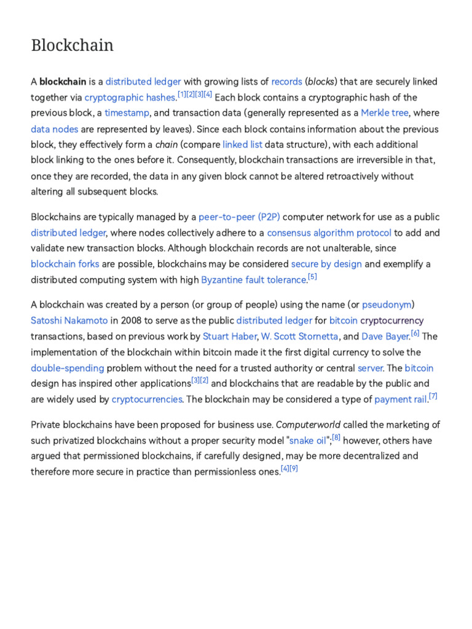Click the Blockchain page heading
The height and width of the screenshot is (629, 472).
(72, 45)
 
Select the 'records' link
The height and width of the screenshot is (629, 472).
(286, 82)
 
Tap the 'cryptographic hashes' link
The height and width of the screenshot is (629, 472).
(130, 98)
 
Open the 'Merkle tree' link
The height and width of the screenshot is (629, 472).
(385, 113)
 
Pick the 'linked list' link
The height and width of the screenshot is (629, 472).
(242, 145)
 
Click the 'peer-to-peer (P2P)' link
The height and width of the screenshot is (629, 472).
(239, 217)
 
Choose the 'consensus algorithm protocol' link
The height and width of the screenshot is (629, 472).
(329, 233)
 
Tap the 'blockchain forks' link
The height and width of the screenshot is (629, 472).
(65, 264)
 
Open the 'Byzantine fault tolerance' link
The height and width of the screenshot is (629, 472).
(253, 280)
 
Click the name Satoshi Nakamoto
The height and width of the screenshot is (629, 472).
(69, 321)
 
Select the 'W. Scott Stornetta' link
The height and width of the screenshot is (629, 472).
(299, 336)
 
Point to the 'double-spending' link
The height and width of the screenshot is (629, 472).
(68, 368)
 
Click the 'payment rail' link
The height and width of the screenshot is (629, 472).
(400, 399)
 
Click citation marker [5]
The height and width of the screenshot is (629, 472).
(312, 277)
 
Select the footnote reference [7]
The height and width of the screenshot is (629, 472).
(433, 396)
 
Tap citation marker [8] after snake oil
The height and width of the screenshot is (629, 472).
(336, 437)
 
